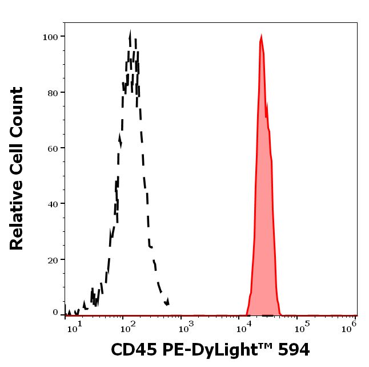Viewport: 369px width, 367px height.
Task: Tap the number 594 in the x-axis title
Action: [291, 349]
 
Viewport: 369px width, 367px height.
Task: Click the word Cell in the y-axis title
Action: [17, 163]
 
